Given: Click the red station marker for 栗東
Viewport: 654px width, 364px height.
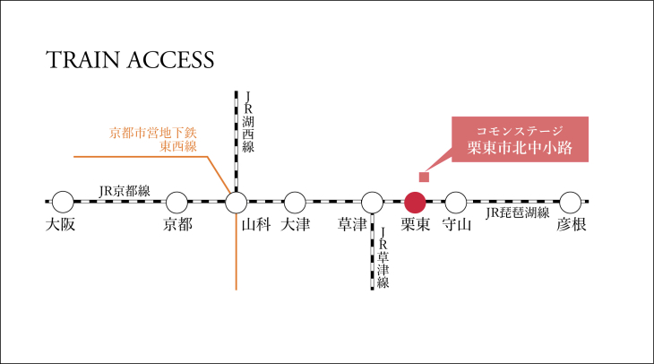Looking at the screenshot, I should (x=414, y=202).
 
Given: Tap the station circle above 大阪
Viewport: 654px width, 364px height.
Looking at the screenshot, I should (x=62, y=202).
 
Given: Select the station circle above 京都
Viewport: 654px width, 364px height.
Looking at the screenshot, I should (x=177, y=202).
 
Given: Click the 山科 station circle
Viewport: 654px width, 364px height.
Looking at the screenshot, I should (x=236, y=202).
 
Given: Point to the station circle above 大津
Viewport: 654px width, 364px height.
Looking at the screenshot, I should (x=295, y=202).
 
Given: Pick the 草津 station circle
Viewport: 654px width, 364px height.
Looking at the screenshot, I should (x=372, y=202).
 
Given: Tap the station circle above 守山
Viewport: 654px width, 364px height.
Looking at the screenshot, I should (x=456, y=202).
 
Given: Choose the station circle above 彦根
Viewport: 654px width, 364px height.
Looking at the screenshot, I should (x=571, y=202).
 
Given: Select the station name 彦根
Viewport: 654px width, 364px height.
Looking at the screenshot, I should (x=571, y=225).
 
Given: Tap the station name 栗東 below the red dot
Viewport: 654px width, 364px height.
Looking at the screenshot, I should (x=414, y=225).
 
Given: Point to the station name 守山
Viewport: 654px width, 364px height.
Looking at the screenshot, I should (x=456, y=225).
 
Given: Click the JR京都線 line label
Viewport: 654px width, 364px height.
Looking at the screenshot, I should (x=125, y=190).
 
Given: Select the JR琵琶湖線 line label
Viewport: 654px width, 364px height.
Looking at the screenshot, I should (x=517, y=213).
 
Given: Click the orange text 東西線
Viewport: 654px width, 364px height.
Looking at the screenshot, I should (x=177, y=147).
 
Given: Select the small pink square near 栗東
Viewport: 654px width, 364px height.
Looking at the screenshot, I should (x=424, y=176).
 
